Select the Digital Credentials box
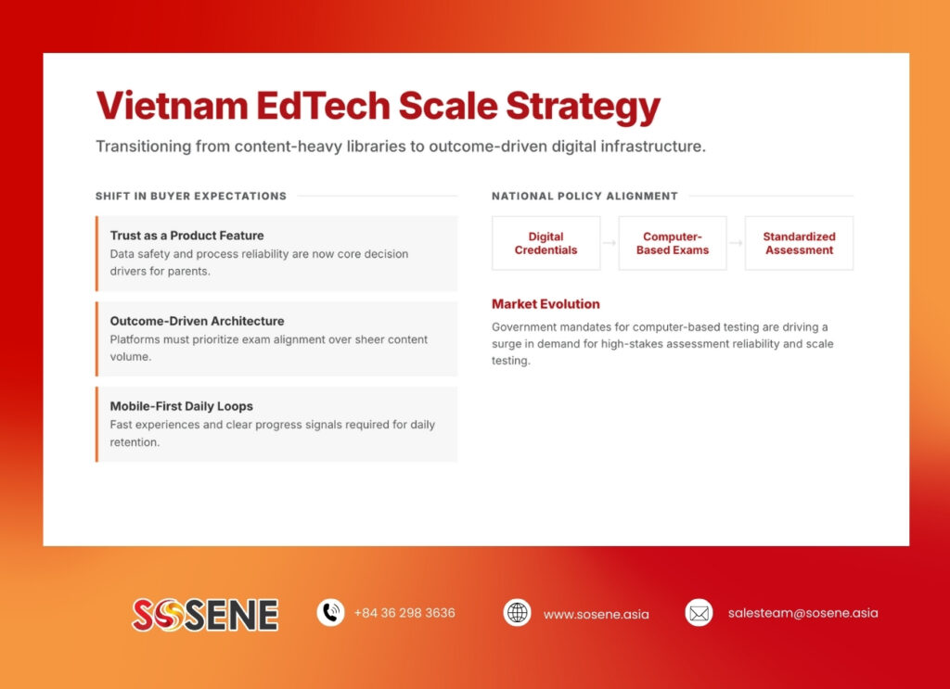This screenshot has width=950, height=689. (546, 243)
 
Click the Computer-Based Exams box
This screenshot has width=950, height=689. (673, 243)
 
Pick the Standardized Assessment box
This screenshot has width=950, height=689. (799, 243)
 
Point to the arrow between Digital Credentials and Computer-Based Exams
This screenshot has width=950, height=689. (610, 243)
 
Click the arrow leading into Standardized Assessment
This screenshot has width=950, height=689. (736, 243)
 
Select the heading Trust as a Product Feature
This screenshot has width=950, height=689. (186, 236)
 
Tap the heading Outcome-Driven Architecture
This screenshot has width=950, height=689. (197, 321)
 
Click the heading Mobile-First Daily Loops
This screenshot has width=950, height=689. (181, 406)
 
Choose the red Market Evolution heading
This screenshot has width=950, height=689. (546, 304)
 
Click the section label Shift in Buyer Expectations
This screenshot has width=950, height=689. (190, 196)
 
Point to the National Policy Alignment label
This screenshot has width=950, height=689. (584, 196)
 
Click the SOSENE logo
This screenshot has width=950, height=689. (205, 614)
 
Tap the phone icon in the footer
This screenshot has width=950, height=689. (330, 613)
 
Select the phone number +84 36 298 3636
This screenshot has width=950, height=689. (404, 613)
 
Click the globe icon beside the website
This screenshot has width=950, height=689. (517, 613)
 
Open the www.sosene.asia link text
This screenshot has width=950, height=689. (596, 614)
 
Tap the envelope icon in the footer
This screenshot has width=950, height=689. (699, 613)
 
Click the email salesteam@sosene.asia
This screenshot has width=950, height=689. (802, 613)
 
